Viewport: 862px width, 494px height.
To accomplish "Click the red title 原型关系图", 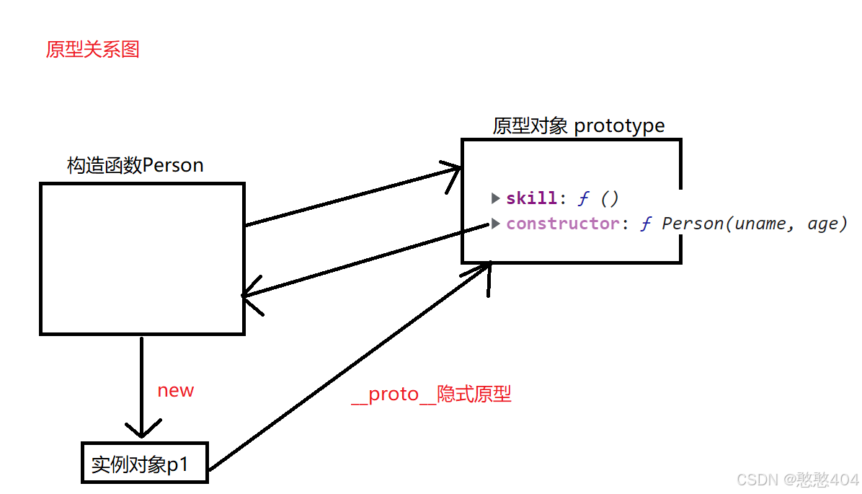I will pos(92,50).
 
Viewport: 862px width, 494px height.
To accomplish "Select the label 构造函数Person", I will pos(135,165).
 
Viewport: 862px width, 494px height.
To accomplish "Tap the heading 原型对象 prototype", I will pos(579,126).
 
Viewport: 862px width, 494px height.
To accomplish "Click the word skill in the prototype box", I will pos(532,198).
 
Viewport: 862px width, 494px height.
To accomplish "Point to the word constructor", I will pos(562,224).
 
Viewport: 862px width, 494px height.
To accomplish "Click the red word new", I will pos(176,391).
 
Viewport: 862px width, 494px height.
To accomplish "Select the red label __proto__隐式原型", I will pos(431,395).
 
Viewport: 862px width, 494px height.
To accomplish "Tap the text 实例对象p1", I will pos(140,464).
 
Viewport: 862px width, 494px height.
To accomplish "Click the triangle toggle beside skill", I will pos(496,198).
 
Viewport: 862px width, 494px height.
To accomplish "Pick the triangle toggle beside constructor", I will pos(496,224).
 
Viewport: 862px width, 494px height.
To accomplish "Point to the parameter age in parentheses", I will pos(822,224).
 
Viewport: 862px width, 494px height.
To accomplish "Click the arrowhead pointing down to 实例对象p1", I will pos(141,431).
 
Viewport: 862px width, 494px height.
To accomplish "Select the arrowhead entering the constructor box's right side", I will pos(249,296).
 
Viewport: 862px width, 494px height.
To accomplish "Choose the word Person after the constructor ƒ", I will pos(692,224).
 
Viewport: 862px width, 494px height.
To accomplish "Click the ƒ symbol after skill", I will pos(584,198).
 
